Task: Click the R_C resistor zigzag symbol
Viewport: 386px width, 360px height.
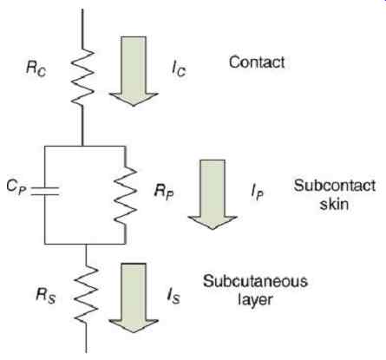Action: [x=82, y=76]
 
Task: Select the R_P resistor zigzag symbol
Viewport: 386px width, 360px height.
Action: [x=126, y=196]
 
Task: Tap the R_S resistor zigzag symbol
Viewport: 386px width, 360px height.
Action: [x=86, y=294]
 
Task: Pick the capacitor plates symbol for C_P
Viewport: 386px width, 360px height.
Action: [x=45, y=191]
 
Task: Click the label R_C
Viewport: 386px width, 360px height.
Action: [x=36, y=69]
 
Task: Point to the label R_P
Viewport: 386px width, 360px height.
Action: [x=164, y=192]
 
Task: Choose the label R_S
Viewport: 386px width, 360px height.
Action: [x=45, y=296]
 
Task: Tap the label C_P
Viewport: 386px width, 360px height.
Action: [x=16, y=187]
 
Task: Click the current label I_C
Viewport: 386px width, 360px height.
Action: [x=179, y=69]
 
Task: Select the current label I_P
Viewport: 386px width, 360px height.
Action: [x=258, y=193]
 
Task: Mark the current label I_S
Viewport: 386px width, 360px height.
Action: [x=173, y=296]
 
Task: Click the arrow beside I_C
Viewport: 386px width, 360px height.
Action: [x=134, y=71]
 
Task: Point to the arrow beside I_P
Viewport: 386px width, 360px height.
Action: [x=213, y=194]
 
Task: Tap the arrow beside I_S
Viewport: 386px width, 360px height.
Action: [x=134, y=298]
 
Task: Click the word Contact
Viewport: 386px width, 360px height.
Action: [x=257, y=62]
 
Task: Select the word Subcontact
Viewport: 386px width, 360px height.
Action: [x=335, y=186]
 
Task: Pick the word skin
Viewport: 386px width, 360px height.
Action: [x=334, y=204]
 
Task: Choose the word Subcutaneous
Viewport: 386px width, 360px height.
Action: [x=255, y=281]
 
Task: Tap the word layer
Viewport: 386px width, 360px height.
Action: [x=255, y=300]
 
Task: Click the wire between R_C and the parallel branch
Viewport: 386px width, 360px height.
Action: [x=82, y=126]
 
